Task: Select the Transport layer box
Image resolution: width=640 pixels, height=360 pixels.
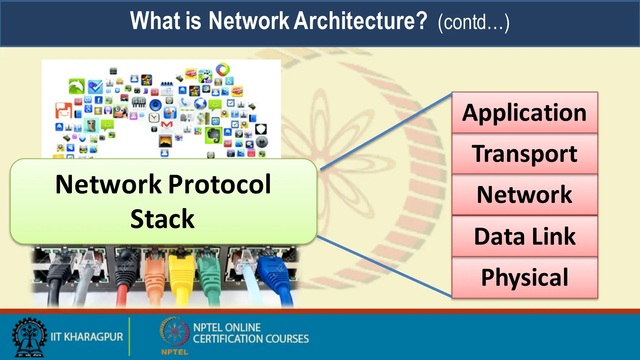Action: (524, 154)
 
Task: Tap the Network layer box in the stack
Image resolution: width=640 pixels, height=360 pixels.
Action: (524, 195)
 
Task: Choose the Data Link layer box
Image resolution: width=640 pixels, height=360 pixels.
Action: (524, 236)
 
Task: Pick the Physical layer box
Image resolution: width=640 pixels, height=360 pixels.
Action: (524, 277)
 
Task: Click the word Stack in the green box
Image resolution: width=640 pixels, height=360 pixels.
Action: (162, 219)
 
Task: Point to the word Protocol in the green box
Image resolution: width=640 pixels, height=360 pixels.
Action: (220, 184)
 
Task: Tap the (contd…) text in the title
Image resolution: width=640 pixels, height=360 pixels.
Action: (473, 22)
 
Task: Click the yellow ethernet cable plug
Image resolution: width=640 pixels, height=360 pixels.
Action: (181, 269)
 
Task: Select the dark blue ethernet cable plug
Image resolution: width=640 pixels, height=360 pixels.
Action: (272, 269)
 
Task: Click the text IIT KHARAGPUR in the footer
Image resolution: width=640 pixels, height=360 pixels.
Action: (87, 337)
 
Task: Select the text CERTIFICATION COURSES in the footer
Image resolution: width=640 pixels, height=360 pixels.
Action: (251, 339)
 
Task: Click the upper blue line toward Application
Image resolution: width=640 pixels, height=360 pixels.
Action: (386, 131)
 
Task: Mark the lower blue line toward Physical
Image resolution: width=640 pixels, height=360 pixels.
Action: (384, 266)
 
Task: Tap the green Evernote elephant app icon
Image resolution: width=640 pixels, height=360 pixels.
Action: (214, 135)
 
